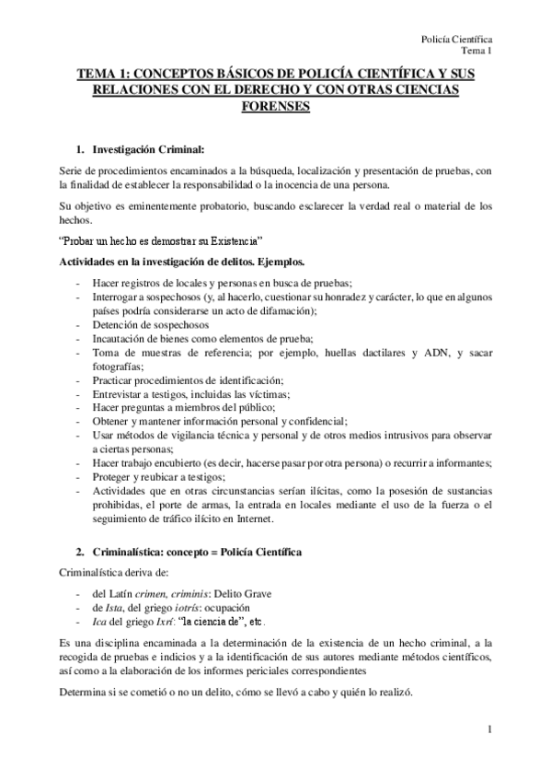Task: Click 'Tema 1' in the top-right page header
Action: (x=476, y=52)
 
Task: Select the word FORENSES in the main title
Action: (x=275, y=106)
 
